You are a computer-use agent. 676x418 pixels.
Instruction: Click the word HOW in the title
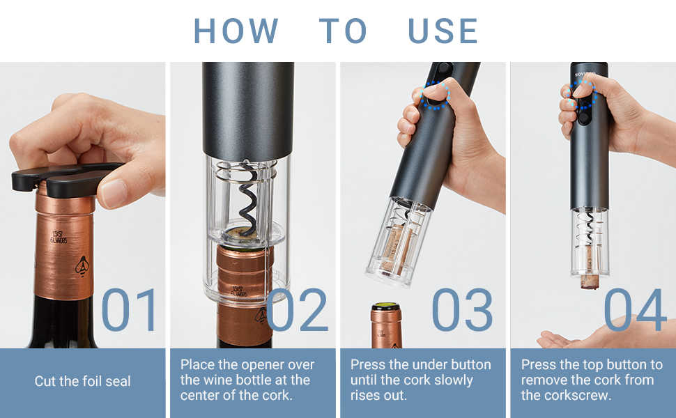pos(236,31)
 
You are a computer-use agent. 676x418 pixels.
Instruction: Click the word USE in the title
pos(443,31)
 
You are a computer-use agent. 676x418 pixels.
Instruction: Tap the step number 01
pos(130,309)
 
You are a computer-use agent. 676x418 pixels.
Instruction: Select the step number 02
pos(298,309)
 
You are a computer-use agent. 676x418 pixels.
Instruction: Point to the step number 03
pos(462,309)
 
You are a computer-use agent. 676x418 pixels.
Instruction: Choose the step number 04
pos(635,309)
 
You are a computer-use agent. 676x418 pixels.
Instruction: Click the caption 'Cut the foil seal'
pos(83,381)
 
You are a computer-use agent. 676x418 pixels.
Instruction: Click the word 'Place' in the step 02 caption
pos(197,365)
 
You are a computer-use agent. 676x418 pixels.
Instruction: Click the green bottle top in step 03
pos(385,307)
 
